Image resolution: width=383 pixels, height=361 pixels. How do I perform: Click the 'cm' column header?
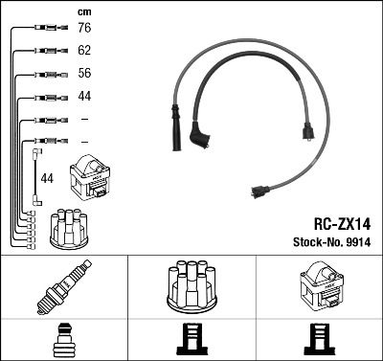pyautogui.click(x=84, y=12)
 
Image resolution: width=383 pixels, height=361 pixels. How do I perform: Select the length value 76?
pyautogui.click(x=85, y=30)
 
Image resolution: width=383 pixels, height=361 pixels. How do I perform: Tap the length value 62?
pyautogui.click(x=85, y=52)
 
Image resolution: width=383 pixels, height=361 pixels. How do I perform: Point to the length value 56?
pyautogui.click(x=85, y=75)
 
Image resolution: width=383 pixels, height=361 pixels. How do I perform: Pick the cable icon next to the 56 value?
pyautogui.click(x=49, y=75)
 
